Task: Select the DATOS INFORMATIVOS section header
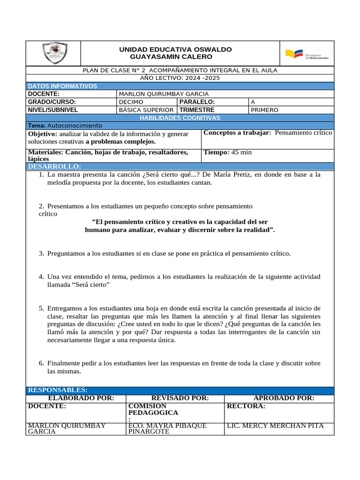click(63, 86)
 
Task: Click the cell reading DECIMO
click(131, 102)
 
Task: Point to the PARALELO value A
click(253, 102)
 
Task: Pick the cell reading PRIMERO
click(264, 110)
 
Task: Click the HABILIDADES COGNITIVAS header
click(180, 118)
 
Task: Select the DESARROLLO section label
click(54, 166)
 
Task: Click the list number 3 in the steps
click(41, 254)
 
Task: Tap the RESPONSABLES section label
click(58, 390)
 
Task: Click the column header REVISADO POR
click(180, 398)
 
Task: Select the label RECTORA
click(246, 406)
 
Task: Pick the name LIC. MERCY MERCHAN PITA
click(275, 426)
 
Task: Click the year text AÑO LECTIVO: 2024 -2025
click(180, 78)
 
